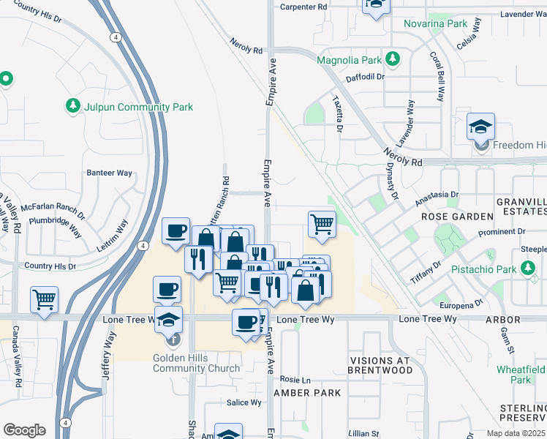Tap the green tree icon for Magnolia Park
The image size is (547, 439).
point(393,58)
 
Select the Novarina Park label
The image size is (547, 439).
point(435,23)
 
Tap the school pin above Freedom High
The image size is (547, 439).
point(480,128)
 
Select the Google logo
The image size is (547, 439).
point(24,429)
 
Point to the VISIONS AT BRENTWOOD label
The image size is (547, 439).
point(381,366)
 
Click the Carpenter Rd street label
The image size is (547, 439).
point(303,7)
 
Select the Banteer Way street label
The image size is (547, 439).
point(109,173)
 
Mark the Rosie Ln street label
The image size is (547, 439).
point(295,380)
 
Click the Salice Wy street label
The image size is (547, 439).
point(244,402)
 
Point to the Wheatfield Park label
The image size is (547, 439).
point(521,375)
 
